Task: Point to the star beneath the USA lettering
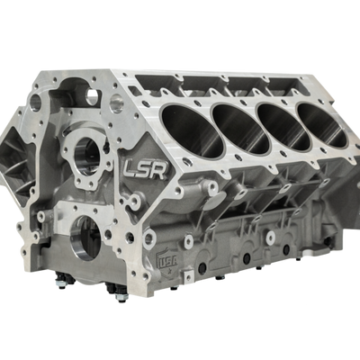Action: (x=170, y=272)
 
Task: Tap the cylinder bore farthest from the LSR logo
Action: (x=322, y=125)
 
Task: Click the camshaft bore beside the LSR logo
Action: (x=87, y=157)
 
